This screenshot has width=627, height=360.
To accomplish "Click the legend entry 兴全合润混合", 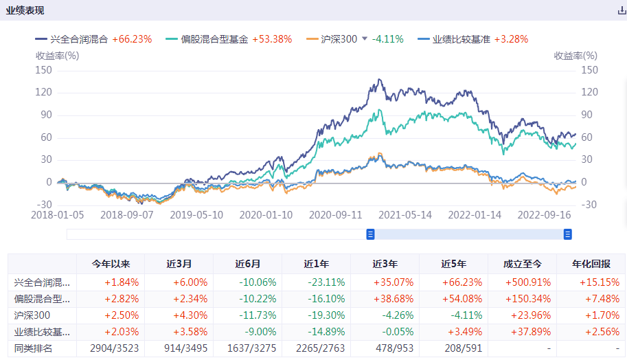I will coord(79,39).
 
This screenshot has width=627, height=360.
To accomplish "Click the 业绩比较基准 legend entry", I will coord(461,39).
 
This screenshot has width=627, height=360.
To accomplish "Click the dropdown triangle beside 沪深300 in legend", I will coord(365,39).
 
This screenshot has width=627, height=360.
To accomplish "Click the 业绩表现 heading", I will coord(25,10).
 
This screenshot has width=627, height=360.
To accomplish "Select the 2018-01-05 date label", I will coord(58,215).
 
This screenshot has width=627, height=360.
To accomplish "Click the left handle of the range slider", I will coord(370,234).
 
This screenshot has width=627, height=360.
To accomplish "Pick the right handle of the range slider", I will coord(568,234).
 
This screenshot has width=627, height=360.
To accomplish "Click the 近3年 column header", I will coord(385,264).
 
